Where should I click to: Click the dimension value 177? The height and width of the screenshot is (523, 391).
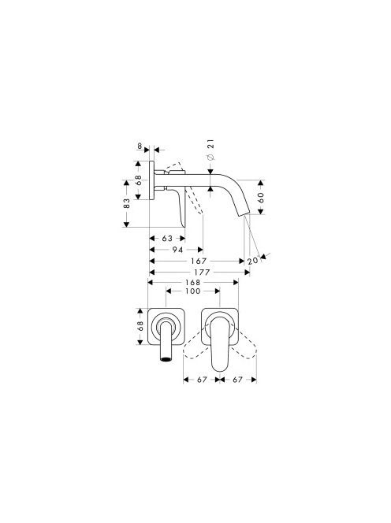click(x=202, y=273)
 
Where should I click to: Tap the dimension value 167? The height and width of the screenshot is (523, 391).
click(x=199, y=261)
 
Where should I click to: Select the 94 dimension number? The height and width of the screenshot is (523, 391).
click(x=177, y=250)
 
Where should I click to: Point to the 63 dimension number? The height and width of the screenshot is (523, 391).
click(x=167, y=238)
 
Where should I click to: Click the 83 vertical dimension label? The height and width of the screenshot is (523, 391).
click(x=127, y=203)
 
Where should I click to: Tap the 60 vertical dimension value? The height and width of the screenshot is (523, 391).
click(x=261, y=198)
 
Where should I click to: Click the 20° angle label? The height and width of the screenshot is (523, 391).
click(x=253, y=260)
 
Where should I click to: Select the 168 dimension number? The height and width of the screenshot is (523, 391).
click(x=193, y=283)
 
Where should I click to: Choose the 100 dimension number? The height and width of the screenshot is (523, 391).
click(x=193, y=291)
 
